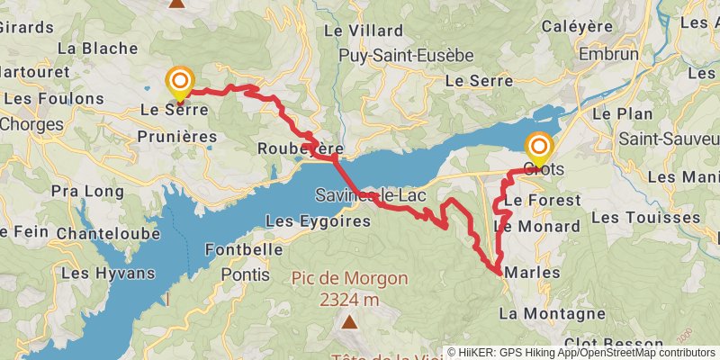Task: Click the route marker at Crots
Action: [539, 146]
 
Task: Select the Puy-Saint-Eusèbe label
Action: [406, 56]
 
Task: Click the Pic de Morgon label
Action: [349, 279]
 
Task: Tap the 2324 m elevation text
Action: [349, 299]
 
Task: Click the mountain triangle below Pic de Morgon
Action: [349, 320]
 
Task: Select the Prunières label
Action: [177, 136]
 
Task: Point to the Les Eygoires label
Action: [307, 220]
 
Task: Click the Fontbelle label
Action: [238, 248]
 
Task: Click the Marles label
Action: [533, 272]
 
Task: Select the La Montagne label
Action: [552, 313]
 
